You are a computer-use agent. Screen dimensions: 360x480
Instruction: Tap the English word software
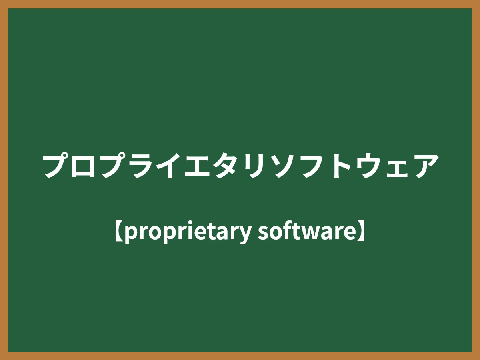tap(306, 232)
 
